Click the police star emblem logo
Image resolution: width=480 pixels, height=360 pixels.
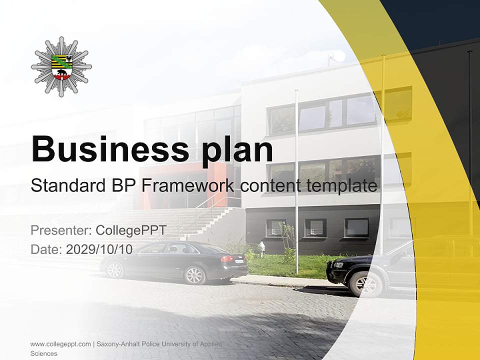[x=61, y=66]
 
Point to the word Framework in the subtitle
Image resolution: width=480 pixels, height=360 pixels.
[x=187, y=186]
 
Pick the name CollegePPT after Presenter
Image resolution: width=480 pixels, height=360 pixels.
[x=130, y=230]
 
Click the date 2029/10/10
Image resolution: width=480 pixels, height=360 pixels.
[x=99, y=249]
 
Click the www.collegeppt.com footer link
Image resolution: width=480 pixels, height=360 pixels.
[x=60, y=344]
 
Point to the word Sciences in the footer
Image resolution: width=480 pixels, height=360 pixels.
[x=44, y=353]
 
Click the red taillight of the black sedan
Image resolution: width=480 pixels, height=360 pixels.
[x=227, y=258]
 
